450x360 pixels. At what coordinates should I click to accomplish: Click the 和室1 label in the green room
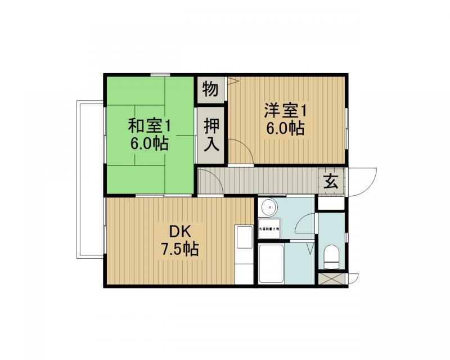148,124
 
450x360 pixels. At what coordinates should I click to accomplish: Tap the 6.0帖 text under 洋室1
285,128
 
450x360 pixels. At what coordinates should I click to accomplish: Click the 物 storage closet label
210,89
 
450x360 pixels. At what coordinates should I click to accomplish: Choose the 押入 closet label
211,135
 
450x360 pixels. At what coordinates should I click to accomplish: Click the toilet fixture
331,258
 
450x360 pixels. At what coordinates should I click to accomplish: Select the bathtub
271,263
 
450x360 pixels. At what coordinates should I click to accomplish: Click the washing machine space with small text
269,229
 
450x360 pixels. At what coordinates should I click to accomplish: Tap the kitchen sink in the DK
244,238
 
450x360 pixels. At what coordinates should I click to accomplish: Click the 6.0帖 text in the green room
148,143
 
